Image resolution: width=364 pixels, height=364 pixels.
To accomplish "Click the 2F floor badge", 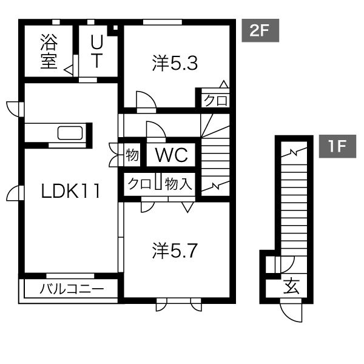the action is (260, 30).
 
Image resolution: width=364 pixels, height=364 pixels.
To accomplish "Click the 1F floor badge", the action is (337, 146).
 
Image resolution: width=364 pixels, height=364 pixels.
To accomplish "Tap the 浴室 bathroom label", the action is (49, 52).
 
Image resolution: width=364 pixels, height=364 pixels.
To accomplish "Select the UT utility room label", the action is (96, 52).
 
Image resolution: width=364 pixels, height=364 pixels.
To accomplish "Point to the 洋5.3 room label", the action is (175, 63).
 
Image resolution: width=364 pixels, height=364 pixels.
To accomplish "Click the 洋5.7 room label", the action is (175, 251).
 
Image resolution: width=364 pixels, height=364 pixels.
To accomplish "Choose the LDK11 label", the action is (70, 191).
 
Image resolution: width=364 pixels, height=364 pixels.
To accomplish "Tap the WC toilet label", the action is (172, 155).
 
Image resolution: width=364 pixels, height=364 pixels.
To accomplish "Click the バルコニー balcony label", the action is (72, 289).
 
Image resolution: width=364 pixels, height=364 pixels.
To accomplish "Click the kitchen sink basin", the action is (70, 133).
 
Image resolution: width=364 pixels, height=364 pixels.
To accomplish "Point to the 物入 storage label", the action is (178, 184).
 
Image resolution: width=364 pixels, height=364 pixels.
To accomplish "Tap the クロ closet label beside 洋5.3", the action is (215, 101).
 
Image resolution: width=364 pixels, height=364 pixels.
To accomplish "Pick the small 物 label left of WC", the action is (132, 155).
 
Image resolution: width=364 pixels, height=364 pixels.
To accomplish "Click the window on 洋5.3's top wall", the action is (163, 22).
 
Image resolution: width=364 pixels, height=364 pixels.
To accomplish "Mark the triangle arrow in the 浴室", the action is (69, 70).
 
